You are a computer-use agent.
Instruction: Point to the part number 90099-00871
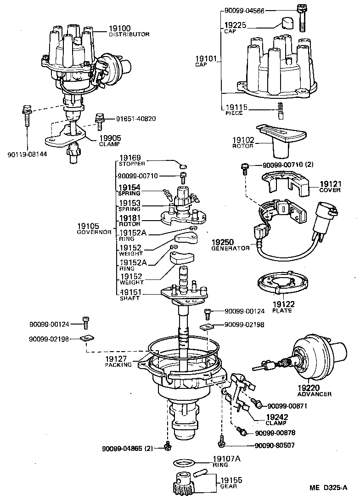point(287,406)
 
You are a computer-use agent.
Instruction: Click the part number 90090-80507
point(274,445)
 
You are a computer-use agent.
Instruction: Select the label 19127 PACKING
point(118,361)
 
